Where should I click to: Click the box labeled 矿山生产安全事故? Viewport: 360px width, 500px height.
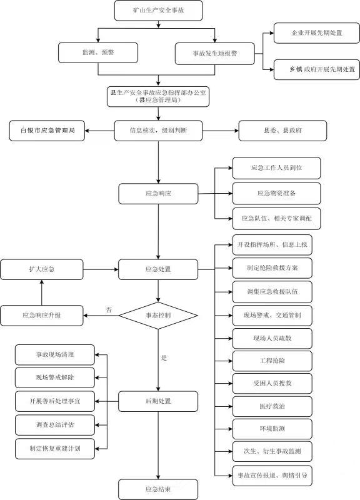(x=158, y=10)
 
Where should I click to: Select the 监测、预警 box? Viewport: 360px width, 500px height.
(x=98, y=52)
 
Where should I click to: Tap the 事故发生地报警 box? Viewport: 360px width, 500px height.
(x=215, y=54)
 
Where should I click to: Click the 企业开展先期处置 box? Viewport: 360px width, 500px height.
(x=317, y=33)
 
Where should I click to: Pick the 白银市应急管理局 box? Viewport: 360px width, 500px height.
(x=47, y=131)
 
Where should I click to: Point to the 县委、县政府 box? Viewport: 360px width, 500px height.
(x=282, y=131)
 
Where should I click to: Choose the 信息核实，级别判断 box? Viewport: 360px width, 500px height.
(x=158, y=131)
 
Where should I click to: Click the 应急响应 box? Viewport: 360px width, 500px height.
(x=158, y=194)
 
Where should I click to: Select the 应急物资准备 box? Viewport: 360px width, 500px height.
(x=276, y=193)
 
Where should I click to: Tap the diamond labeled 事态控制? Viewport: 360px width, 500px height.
(x=158, y=316)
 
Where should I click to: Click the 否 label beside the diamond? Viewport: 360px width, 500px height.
(x=109, y=309)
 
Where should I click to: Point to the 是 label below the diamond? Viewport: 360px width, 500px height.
(x=164, y=357)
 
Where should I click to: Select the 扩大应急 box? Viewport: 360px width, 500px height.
(x=42, y=269)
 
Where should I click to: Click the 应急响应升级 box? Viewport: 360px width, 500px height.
(x=42, y=316)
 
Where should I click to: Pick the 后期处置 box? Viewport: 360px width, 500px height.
(x=158, y=401)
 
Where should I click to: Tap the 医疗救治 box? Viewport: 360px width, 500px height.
(x=272, y=406)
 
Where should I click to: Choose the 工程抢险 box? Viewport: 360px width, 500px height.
(x=272, y=361)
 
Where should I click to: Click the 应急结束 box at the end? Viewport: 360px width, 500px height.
(x=158, y=489)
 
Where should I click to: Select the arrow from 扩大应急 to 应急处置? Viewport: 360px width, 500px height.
(x=101, y=269)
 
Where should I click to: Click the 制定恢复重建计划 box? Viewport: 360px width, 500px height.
(x=55, y=448)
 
